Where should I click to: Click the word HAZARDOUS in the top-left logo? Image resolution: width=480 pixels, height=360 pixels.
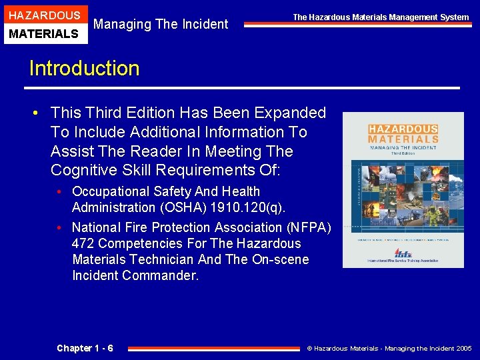click(x=44, y=15)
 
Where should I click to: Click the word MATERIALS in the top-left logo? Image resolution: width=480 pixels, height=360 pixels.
click(x=44, y=33)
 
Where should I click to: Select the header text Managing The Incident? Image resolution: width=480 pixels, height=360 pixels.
click(x=161, y=25)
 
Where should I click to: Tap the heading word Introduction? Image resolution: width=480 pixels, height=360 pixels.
click(x=85, y=69)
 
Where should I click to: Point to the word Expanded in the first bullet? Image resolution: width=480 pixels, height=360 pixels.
click(x=292, y=113)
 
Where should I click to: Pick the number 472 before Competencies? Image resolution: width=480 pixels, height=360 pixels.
click(x=84, y=243)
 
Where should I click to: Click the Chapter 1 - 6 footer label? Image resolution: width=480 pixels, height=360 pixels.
click(x=85, y=348)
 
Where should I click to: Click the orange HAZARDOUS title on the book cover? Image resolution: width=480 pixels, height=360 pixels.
click(x=403, y=129)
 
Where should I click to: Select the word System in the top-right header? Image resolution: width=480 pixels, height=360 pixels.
click(x=455, y=17)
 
